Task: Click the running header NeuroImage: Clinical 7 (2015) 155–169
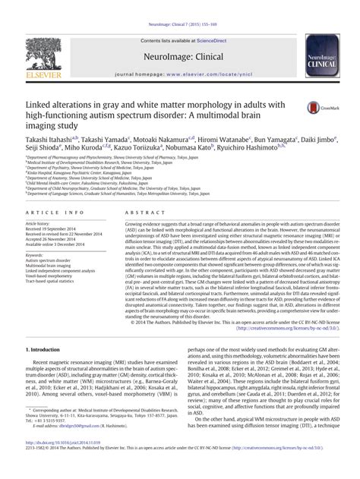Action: (180, 6)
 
